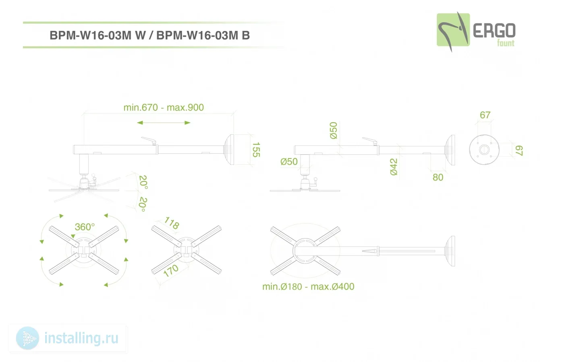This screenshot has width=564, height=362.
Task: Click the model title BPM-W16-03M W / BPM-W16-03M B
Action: tap(149, 35)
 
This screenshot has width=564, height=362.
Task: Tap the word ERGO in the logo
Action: tap(494, 31)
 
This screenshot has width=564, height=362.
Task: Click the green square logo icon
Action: tap(453, 30)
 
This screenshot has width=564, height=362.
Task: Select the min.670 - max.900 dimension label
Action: tap(164, 108)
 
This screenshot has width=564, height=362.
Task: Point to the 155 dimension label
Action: tap(256, 150)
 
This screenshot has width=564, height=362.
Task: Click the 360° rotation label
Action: tap(85, 227)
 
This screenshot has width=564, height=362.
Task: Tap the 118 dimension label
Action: tap(172, 223)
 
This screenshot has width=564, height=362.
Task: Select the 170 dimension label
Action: tap(171, 271)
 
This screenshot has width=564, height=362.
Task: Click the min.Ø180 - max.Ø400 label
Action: tap(308, 286)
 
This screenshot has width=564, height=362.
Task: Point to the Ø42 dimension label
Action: tap(394, 167)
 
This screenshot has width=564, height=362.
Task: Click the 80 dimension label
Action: tap(438, 177)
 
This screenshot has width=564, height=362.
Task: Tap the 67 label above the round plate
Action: tap(485, 115)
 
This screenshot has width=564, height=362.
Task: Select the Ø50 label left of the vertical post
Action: tap(289, 162)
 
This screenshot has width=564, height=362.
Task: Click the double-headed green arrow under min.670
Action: tap(164, 123)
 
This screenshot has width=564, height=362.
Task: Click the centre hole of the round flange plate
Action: tap(484, 150)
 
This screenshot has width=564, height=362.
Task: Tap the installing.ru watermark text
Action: tap(81, 338)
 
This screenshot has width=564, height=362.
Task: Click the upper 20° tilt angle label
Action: tap(143, 182)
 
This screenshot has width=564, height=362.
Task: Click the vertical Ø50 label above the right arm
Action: tap(334, 130)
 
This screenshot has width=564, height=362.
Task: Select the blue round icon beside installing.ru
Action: tap(27, 338)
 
